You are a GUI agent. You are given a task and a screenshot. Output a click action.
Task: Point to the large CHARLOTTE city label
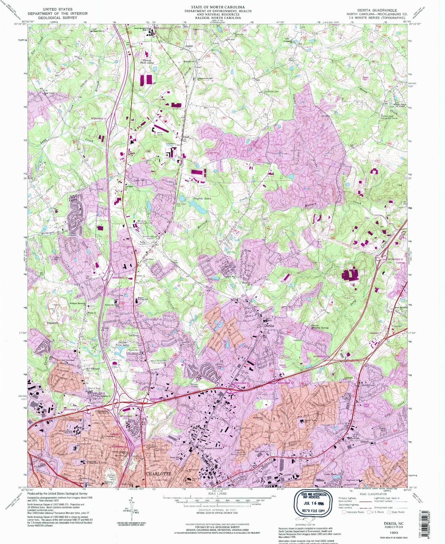[x=158, y=474]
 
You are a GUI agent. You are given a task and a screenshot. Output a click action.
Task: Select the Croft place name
[x=186, y=137]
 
